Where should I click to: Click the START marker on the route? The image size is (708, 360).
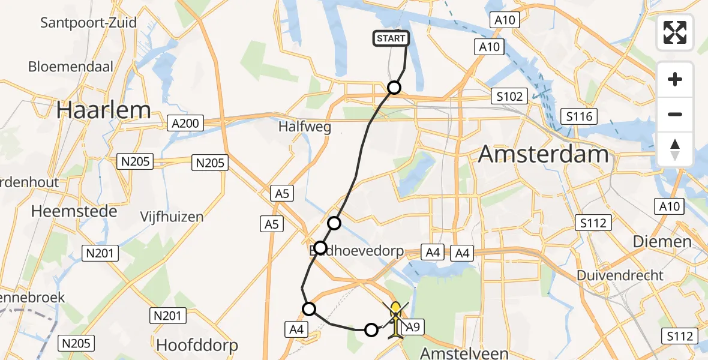(392, 39)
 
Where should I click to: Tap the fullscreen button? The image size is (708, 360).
(676, 32)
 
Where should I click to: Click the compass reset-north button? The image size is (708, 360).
(676, 149)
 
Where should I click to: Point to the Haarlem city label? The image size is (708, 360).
(103, 110)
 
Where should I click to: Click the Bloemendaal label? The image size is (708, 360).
(71, 66)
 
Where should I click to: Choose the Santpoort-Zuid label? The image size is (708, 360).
(88, 23)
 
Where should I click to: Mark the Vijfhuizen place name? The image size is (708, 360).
(172, 217)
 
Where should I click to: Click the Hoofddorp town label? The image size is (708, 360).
(197, 345)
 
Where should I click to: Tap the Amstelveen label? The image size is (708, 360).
(466, 353)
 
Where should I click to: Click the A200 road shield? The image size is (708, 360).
(185, 124)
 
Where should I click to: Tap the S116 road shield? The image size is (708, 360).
(578, 116)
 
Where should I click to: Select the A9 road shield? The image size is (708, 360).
(412, 327)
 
